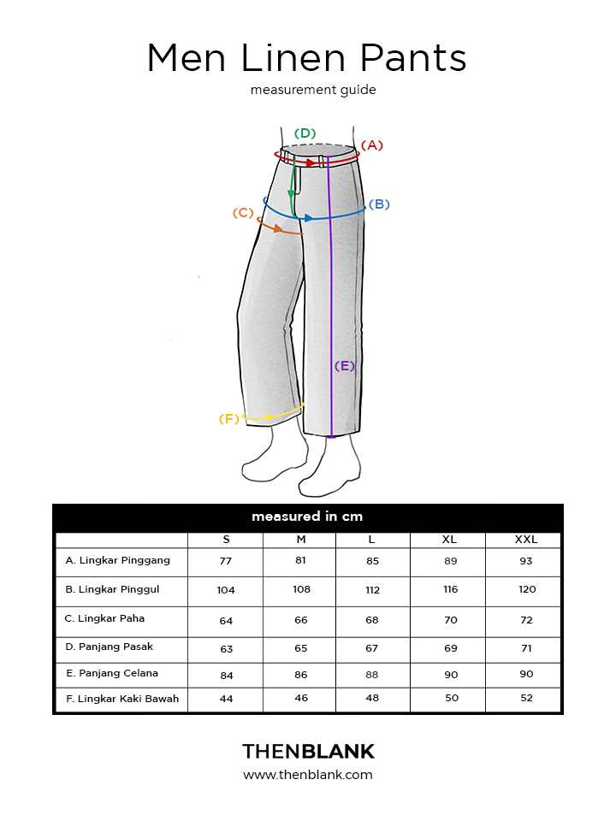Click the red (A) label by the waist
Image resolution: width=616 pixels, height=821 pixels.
(x=372, y=145)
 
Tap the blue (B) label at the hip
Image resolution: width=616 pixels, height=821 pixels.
(x=379, y=204)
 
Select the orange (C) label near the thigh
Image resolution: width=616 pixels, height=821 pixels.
(x=243, y=213)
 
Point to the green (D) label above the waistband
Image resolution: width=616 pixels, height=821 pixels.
(x=305, y=133)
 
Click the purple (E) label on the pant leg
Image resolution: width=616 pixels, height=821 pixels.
(x=345, y=366)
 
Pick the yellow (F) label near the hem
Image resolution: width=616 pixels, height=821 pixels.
(x=229, y=419)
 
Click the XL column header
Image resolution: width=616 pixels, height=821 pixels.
(x=449, y=540)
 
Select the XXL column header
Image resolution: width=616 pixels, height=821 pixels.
(x=526, y=540)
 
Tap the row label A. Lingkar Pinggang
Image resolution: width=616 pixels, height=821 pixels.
(x=118, y=561)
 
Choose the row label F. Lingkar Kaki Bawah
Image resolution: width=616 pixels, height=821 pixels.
(x=122, y=699)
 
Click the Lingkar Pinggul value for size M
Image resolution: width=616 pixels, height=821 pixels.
(x=302, y=589)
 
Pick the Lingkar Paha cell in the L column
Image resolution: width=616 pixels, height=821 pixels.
(x=372, y=620)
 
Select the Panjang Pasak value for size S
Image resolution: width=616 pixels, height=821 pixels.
(x=226, y=649)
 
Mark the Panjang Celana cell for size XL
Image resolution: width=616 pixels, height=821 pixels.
(x=451, y=675)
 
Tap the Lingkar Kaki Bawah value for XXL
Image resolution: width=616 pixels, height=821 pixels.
(x=526, y=698)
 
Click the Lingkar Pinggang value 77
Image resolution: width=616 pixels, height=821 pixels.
(x=226, y=561)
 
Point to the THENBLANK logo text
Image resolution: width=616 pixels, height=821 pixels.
(x=308, y=752)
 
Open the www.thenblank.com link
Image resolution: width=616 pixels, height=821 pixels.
(x=308, y=775)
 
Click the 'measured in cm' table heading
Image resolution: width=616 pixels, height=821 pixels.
(x=307, y=517)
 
